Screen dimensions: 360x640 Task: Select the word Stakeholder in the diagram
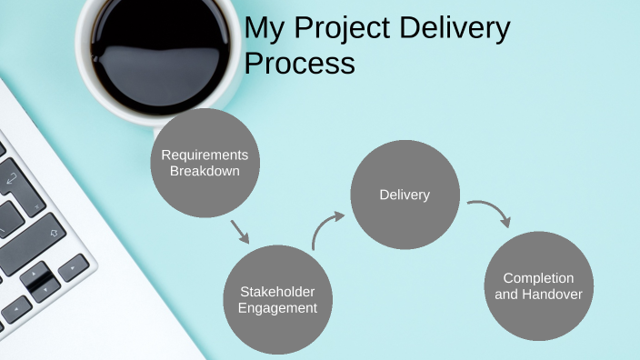click(x=277, y=291)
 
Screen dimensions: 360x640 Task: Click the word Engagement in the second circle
click(x=277, y=308)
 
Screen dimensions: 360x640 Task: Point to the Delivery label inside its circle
click(x=405, y=195)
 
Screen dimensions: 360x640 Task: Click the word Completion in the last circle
click(x=539, y=277)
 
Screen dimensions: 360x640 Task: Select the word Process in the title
click(x=299, y=65)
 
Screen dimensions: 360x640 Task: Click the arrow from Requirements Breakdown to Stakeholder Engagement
click(x=240, y=231)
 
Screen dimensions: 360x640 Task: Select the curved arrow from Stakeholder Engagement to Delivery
click(x=325, y=227)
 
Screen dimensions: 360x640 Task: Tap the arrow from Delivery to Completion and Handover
click(x=492, y=211)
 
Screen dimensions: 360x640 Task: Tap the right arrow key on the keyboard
click(x=73, y=266)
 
